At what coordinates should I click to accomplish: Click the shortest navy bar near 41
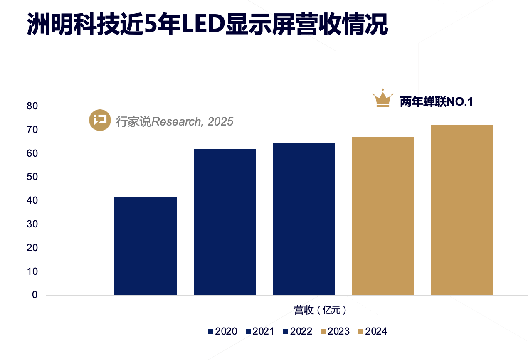(146, 246)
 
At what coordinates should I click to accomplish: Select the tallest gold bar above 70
(462, 210)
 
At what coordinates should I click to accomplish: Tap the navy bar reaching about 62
(225, 222)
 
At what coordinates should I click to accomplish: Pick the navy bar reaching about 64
(304, 219)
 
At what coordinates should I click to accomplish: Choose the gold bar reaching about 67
(383, 216)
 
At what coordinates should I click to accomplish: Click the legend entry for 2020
(222, 331)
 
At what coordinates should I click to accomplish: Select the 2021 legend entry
(260, 331)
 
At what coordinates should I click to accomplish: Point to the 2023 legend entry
(335, 331)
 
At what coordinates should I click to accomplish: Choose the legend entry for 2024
(373, 331)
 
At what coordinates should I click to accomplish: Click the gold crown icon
(382, 99)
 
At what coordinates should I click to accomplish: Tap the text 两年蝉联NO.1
(437, 102)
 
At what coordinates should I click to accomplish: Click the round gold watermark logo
(100, 121)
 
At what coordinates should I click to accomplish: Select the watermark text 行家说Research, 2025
(175, 121)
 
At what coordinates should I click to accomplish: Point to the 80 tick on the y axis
(32, 106)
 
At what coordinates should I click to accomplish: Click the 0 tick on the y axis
(35, 295)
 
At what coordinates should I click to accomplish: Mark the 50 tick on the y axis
(32, 177)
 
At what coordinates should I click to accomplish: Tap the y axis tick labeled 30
(32, 224)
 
